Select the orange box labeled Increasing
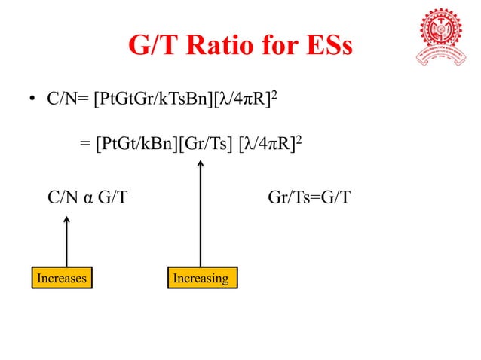click(201, 279)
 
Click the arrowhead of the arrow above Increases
click(66, 221)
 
